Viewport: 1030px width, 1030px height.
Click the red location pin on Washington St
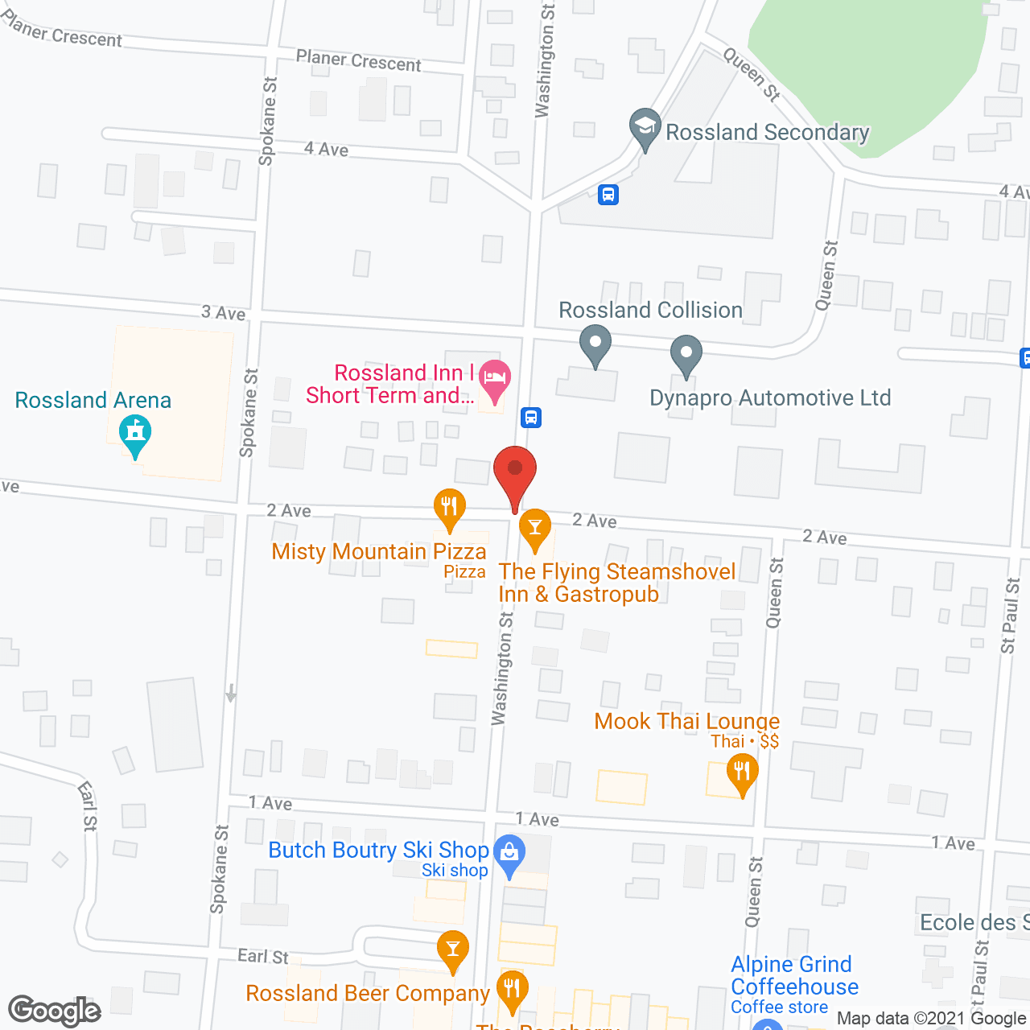point(515,470)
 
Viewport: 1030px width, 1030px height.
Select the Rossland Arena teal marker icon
point(135,435)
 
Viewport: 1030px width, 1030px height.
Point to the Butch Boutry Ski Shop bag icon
point(509,854)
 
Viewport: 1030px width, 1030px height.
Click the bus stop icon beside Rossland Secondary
point(608,194)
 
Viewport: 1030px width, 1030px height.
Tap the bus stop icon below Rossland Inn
point(530,418)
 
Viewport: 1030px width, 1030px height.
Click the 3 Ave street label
point(224,313)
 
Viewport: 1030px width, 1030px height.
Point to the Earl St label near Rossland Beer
point(263,956)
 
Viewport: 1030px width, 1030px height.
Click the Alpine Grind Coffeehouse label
point(794,975)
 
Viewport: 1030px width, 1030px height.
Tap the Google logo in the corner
point(55,1010)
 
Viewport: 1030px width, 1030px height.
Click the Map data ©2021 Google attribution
point(931,1018)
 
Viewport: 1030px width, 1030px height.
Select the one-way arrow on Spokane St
point(231,693)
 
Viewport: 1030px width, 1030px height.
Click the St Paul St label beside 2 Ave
point(1010,616)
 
